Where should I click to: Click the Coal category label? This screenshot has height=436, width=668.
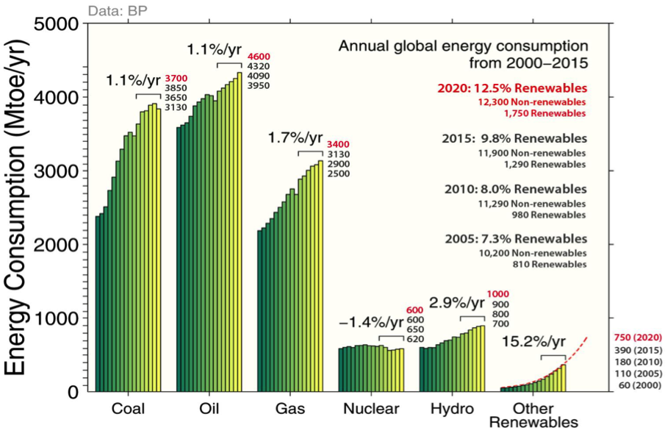(x=128, y=409)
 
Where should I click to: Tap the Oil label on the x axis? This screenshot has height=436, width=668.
(x=209, y=409)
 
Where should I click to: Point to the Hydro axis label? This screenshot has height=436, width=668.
(x=452, y=409)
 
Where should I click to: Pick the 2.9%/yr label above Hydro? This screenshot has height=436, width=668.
(x=457, y=303)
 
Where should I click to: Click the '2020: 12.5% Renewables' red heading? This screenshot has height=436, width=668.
(x=514, y=88)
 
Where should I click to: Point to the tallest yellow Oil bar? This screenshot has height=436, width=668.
(x=240, y=232)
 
